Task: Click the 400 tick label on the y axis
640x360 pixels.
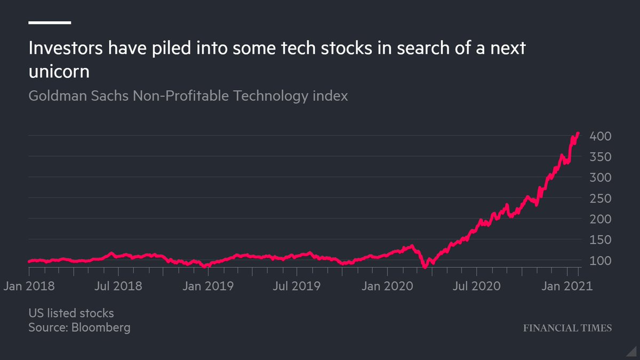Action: (x=600, y=137)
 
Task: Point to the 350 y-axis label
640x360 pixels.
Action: (x=600, y=157)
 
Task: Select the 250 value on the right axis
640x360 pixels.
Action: (x=600, y=198)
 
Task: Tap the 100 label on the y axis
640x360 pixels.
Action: (x=600, y=261)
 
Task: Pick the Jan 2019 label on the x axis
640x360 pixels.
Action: (x=207, y=286)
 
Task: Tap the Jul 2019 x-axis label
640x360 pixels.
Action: (x=296, y=286)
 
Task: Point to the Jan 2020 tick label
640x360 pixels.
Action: (x=386, y=286)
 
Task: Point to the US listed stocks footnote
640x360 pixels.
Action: (x=71, y=313)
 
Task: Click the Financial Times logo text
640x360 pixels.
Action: (x=566, y=328)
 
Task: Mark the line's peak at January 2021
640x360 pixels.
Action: (x=578, y=133)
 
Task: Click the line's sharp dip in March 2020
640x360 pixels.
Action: (x=425, y=266)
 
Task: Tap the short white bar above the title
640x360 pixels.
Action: (x=50, y=22)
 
